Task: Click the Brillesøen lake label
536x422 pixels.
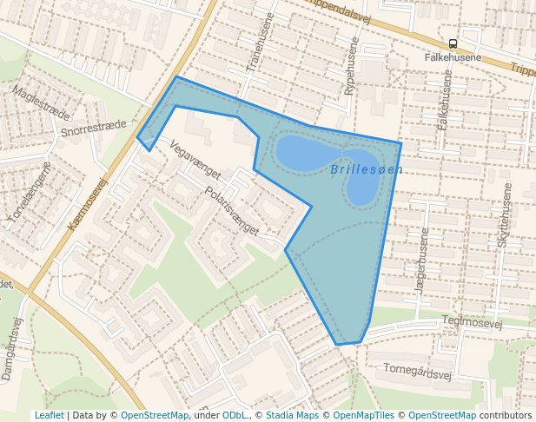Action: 367,169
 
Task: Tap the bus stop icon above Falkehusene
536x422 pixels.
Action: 453,43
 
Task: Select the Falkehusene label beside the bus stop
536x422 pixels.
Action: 453,57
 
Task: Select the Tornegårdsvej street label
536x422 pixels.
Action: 418,373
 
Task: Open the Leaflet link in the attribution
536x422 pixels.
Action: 49,415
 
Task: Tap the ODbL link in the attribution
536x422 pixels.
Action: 235,415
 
